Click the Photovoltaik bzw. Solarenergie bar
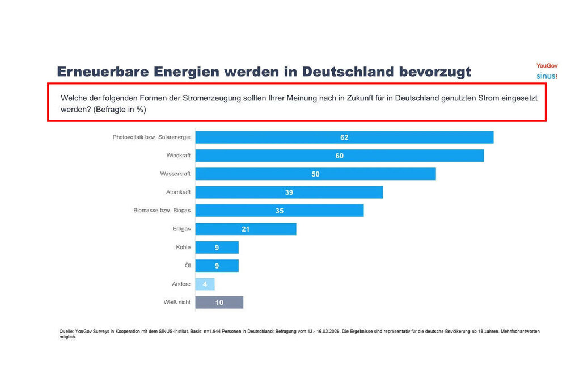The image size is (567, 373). [344, 137]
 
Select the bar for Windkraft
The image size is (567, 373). [340, 156]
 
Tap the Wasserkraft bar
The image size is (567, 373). [316, 174]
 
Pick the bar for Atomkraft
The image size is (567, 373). [289, 192]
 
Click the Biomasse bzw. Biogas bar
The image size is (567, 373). [280, 211]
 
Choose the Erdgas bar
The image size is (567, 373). [246, 229]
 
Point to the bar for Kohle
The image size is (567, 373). [217, 248]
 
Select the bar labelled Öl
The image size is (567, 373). [217, 266]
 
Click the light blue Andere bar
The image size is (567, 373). [205, 284]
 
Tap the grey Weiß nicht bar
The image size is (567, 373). [219, 303]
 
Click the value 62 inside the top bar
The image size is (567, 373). [344, 137]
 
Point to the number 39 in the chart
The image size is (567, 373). [289, 192]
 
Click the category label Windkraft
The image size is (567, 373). [178, 156]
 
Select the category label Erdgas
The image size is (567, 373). [181, 229]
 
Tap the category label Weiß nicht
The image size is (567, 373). [177, 303]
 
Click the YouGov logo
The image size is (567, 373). [547, 65]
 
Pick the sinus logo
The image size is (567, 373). [547, 76]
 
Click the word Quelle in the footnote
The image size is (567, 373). [66, 332]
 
